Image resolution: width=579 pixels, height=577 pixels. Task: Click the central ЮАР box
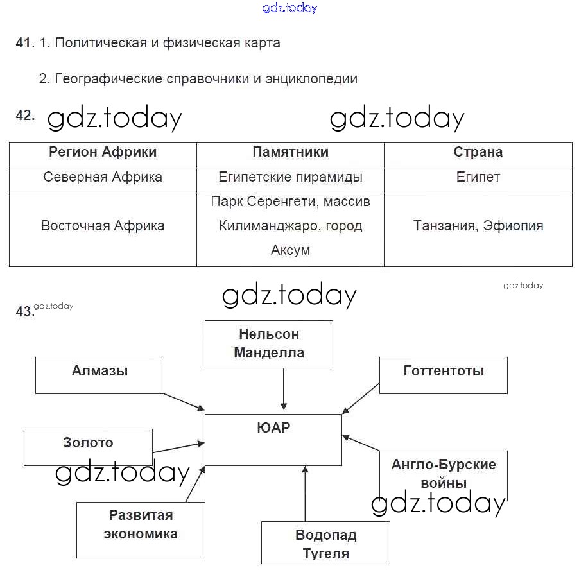[273, 440]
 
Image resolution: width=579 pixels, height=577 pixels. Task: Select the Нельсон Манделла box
[268, 344]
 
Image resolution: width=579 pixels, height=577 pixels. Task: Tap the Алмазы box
[99, 375]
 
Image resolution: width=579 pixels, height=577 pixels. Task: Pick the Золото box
[88, 447]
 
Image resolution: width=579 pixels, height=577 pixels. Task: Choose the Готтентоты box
[443, 375]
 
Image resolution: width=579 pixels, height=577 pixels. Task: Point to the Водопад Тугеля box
[325, 542]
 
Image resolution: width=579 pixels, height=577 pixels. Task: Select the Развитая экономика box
[141, 530]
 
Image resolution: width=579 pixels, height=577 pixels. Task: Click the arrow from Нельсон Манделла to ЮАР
[283, 388]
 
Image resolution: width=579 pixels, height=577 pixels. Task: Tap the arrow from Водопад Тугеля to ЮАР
[304, 494]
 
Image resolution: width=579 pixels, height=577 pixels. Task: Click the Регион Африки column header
[103, 152]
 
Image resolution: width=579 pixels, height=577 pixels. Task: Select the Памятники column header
[290, 152]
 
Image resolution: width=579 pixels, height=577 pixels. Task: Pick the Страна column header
[478, 152]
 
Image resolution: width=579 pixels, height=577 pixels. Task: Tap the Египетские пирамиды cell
[290, 177]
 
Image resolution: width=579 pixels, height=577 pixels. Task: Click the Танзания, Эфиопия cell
[478, 226]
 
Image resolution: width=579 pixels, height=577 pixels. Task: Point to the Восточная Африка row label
[103, 226]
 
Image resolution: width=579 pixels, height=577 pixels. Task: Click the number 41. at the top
[24, 44]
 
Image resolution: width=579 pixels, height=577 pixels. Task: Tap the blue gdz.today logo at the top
[289, 8]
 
